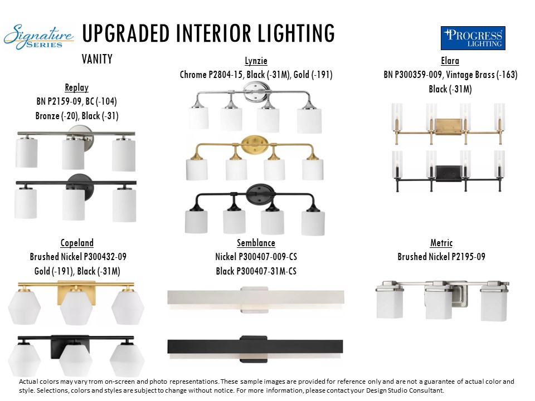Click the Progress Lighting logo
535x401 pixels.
[x=473, y=38]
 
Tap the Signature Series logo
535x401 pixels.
[x=38, y=37]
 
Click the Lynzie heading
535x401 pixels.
[x=256, y=61]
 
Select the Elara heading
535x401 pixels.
[x=450, y=61]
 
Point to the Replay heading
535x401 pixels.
[x=77, y=87]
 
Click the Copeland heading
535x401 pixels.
[x=77, y=243]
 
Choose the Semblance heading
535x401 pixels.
[x=256, y=243]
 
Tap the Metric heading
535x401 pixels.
[x=441, y=243]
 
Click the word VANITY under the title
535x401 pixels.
[x=97, y=59]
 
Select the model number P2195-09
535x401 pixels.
[x=468, y=256]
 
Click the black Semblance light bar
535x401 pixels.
[x=255, y=346]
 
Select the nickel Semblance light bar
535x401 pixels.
[x=256, y=297]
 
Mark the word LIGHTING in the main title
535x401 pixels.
[x=296, y=33]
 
